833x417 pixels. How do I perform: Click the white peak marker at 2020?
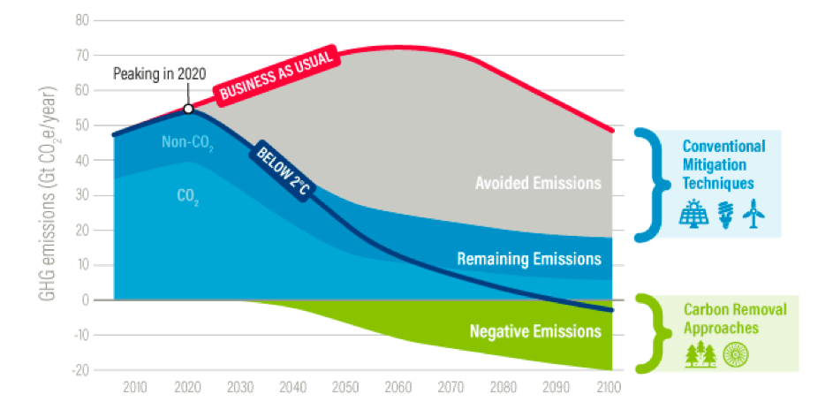click(188, 109)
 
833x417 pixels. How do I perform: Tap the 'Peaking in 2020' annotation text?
click(160, 73)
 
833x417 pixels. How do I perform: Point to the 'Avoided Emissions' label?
click(538, 183)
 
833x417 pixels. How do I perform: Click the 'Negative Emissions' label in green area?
click(535, 332)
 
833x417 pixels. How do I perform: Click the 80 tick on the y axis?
click(84, 19)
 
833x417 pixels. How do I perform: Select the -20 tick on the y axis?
click(82, 370)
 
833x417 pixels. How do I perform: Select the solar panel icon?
click(693, 212)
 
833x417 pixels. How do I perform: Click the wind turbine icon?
click(753, 212)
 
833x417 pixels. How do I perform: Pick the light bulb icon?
click(724, 212)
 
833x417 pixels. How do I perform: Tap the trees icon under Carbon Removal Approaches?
click(701, 353)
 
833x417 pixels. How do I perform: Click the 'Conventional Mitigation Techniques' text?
click(723, 164)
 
